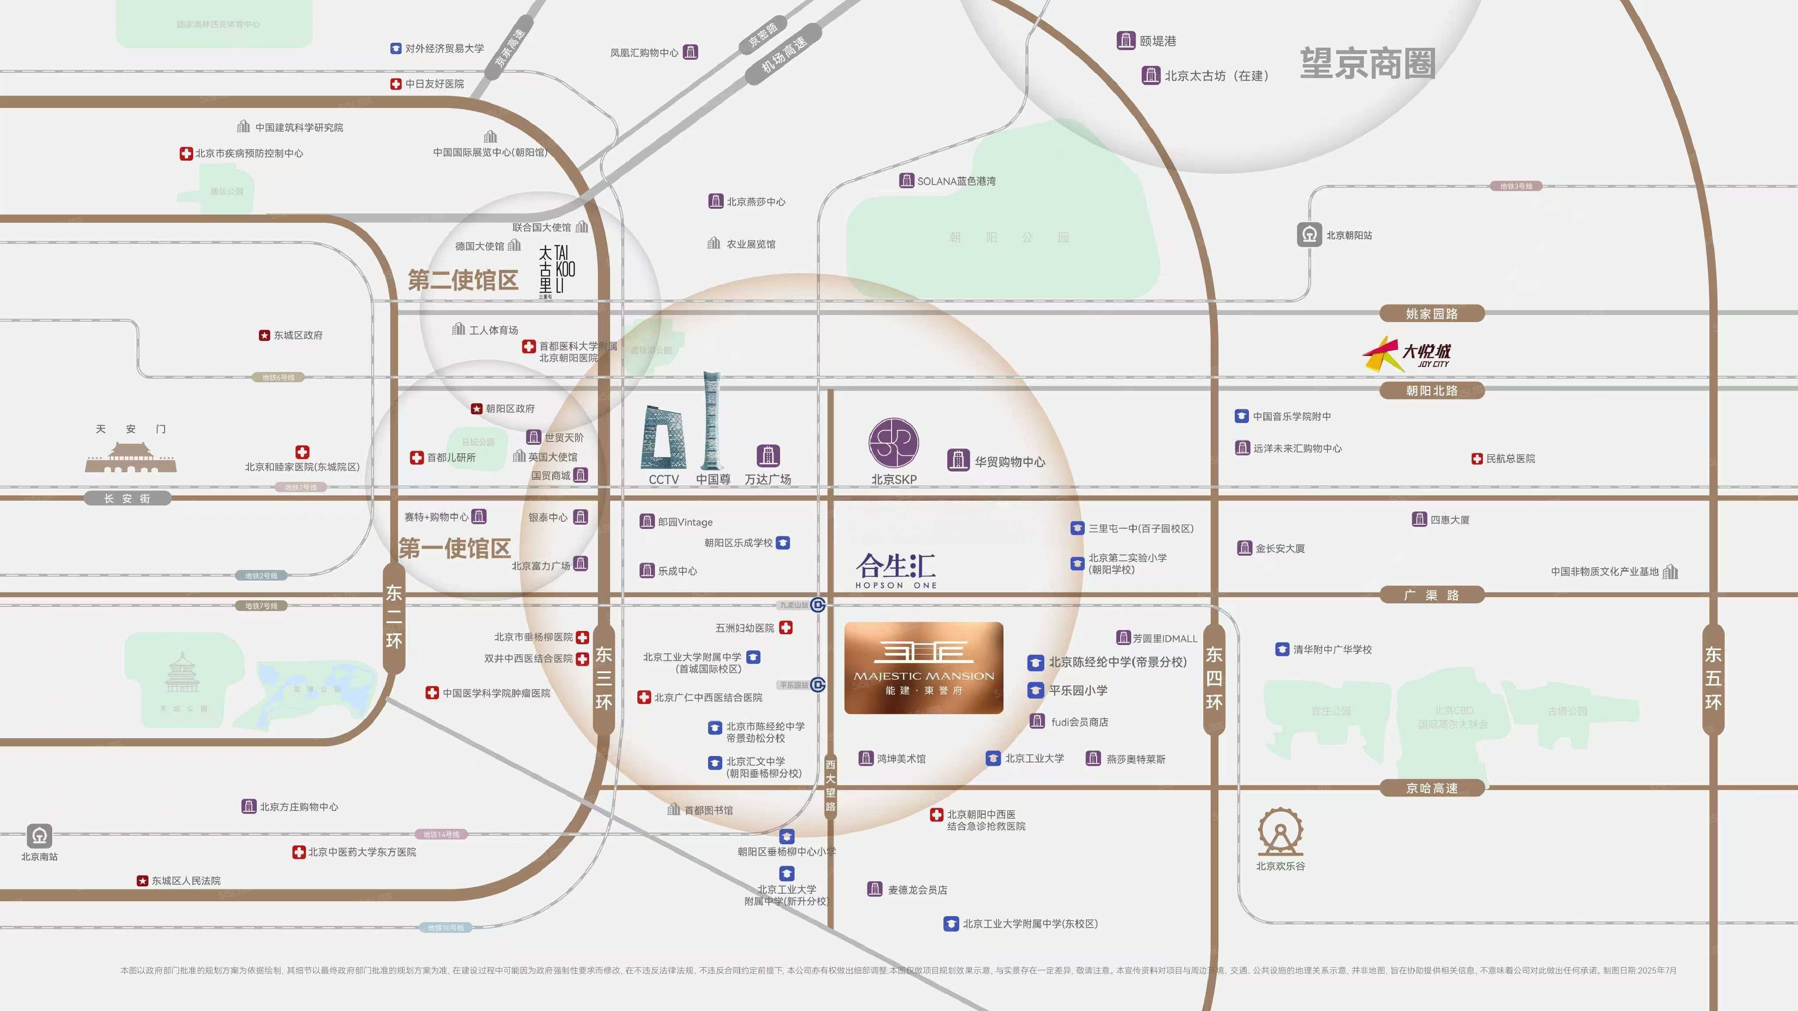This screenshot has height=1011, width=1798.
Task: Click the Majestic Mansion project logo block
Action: [924, 668]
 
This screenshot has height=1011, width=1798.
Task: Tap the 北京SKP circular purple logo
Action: [893, 442]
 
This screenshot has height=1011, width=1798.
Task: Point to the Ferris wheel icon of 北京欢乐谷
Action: [1280, 832]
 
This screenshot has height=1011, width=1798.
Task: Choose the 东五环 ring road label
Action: [1713, 678]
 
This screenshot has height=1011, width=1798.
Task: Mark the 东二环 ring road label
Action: [394, 617]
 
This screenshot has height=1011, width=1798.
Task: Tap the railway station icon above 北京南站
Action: [39, 835]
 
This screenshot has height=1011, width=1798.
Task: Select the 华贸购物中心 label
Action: [1009, 461]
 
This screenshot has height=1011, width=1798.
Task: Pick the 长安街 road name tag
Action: [127, 498]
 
